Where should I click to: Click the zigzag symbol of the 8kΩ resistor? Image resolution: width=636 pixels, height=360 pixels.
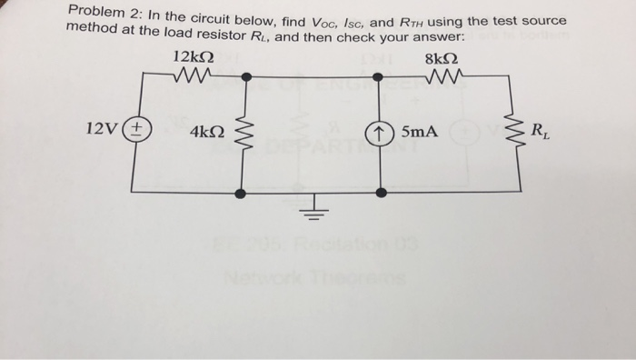coord(442,77)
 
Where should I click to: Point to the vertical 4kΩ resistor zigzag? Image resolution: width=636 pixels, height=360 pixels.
coord(240,135)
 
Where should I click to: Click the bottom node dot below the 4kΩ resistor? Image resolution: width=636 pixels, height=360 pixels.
coord(240,193)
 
